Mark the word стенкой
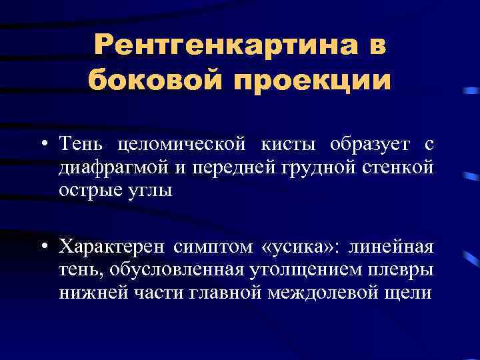coord(403,166)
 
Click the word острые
coord(87,189)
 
